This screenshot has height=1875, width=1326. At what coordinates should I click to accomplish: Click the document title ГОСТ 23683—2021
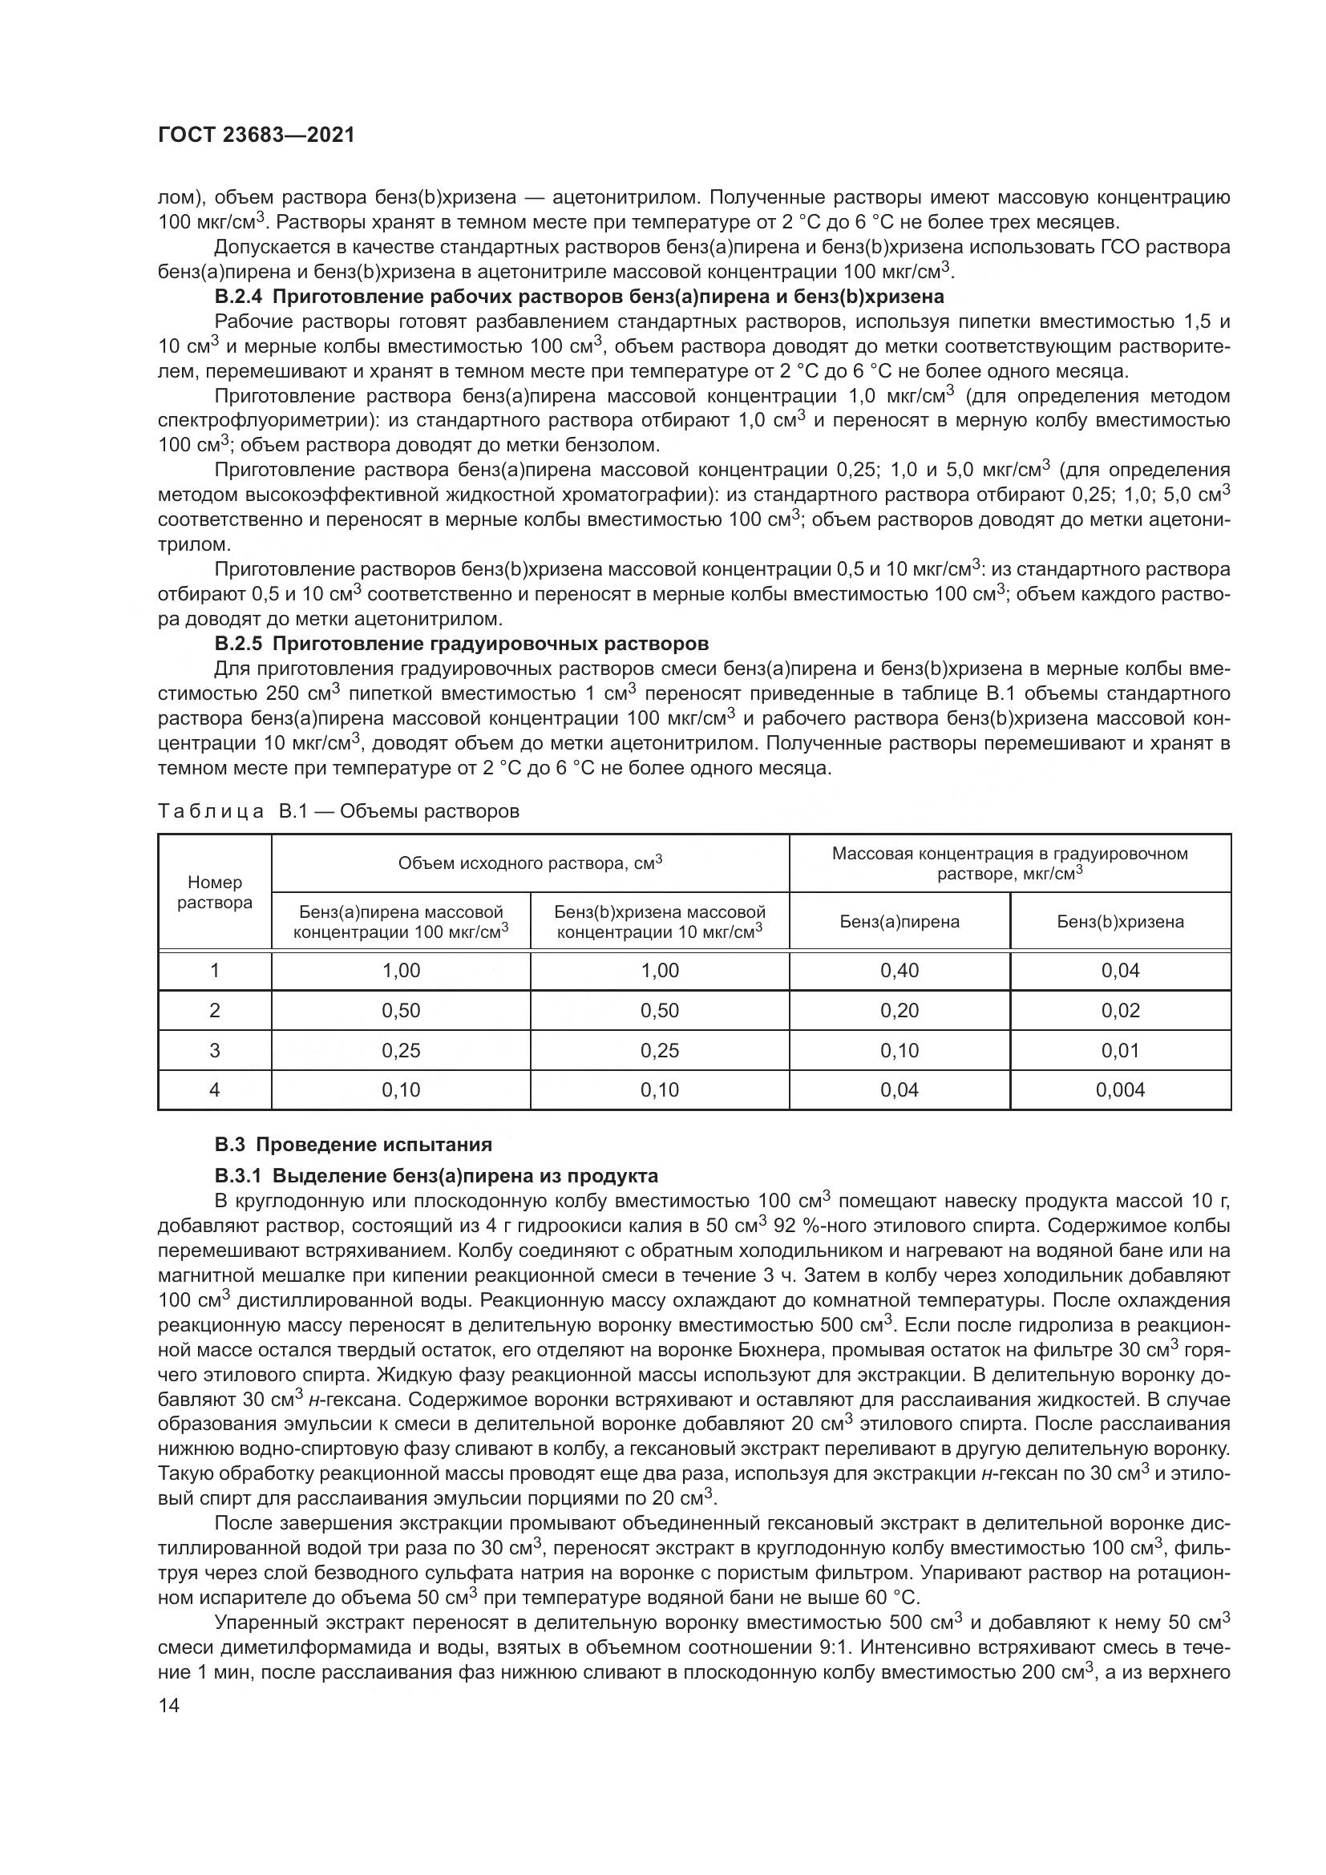click(257, 135)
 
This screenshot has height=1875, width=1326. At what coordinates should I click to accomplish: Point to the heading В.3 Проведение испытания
click(353, 1144)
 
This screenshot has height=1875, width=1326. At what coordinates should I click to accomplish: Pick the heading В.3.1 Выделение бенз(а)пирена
click(436, 1176)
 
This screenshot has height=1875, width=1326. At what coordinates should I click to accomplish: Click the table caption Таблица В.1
click(338, 811)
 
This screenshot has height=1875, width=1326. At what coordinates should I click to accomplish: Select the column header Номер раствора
click(215, 891)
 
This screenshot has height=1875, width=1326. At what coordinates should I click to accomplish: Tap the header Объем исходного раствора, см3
click(530, 863)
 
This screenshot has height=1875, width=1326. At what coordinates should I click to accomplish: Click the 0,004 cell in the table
click(1120, 1089)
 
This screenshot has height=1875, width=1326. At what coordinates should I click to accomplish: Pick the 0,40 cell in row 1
click(899, 970)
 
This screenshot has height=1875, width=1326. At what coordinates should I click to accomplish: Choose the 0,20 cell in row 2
click(899, 1010)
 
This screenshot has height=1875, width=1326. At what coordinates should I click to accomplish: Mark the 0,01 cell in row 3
click(1120, 1050)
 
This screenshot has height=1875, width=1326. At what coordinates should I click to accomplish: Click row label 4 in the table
click(215, 1089)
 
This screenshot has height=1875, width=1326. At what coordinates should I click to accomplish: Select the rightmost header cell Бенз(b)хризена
click(1120, 922)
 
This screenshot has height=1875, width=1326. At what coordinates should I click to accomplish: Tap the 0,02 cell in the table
click(1120, 1010)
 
